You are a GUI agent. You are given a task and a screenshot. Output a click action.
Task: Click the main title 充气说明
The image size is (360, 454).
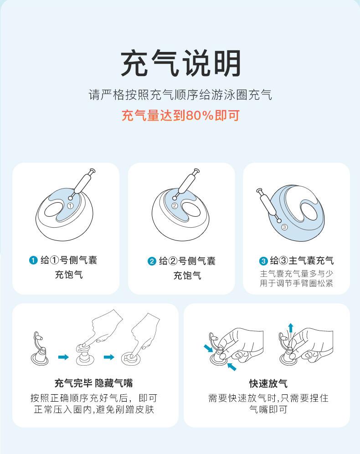click(180, 63)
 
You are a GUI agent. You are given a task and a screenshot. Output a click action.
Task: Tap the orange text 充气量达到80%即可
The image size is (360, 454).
click(180, 115)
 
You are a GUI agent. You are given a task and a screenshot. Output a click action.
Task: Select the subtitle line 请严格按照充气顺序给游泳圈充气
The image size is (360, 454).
click(180, 95)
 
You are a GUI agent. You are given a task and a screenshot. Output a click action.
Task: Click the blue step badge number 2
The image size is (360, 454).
click(152, 261)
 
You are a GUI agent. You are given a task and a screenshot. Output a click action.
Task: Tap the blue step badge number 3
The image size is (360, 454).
click(263, 261)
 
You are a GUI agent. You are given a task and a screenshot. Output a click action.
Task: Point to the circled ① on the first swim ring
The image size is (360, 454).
click(70, 206)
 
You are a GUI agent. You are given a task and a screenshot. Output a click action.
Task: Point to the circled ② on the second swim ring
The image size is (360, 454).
click(174, 206)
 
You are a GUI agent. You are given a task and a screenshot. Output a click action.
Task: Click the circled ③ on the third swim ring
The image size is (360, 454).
click(284, 226)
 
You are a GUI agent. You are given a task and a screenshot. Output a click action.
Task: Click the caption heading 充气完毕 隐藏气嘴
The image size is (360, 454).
click(94, 383)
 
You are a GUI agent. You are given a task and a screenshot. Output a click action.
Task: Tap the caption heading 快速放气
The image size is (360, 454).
click(268, 383)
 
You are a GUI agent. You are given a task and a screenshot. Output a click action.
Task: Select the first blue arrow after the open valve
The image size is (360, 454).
click(63, 357)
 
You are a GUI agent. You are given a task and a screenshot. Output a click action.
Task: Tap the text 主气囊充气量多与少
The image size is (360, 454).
click(296, 274)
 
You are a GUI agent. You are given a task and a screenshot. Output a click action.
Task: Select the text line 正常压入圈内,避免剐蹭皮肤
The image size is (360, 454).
click(94, 409)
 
